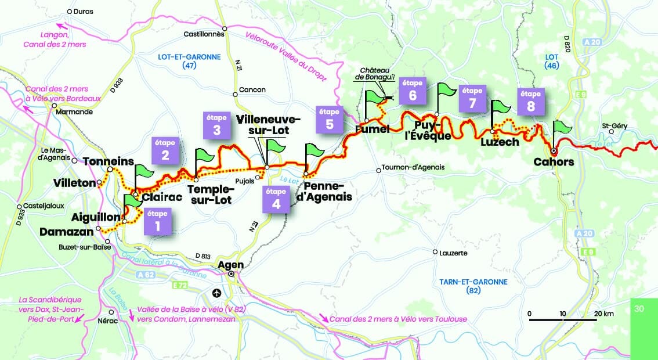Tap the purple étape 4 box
click(x=276, y=199)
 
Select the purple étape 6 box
click(x=413, y=91)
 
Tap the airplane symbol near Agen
click(x=217, y=292)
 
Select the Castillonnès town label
click(x=204, y=34)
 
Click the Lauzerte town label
click(x=454, y=253)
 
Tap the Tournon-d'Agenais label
click(x=413, y=167)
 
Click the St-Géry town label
click(x=613, y=125)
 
